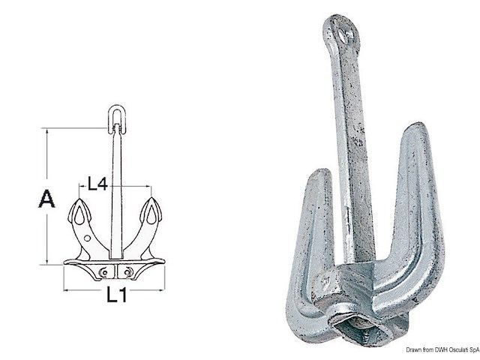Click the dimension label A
tap(46, 199)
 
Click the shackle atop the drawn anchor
tap(116, 118)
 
